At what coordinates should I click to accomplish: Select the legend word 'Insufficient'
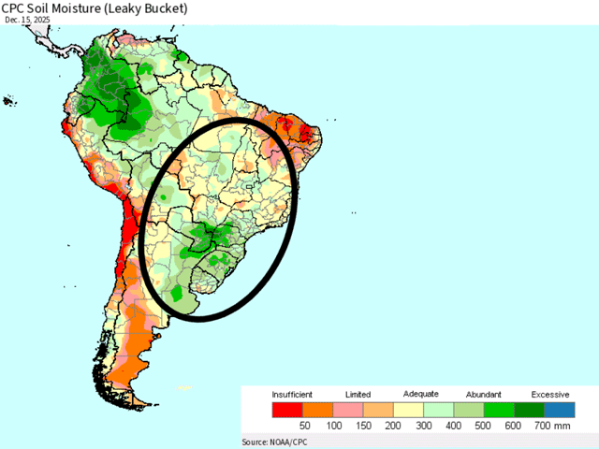pyautogui.click(x=292, y=395)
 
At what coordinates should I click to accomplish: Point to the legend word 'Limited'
pyautogui.click(x=358, y=395)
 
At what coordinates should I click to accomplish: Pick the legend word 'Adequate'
pyautogui.click(x=421, y=395)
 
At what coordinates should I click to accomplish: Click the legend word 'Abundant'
pyautogui.click(x=484, y=395)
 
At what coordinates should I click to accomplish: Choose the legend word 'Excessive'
pyautogui.click(x=550, y=395)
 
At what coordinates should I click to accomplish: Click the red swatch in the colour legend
pyautogui.click(x=287, y=410)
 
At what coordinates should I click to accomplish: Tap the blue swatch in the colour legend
pyautogui.click(x=560, y=410)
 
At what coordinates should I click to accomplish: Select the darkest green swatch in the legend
pyautogui.click(x=530, y=410)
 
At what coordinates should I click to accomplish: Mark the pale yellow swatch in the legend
pyautogui.click(x=408, y=410)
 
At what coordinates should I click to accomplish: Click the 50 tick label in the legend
pyautogui.click(x=303, y=426)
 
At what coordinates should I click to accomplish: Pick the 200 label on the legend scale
pyautogui.click(x=393, y=426)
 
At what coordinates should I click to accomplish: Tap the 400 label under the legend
pyautogui.click(x=454, y=426)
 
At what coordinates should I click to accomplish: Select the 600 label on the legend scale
pyautogui.click(x=514, y=426)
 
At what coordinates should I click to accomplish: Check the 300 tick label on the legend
pyautogui.click(x=423, y=426)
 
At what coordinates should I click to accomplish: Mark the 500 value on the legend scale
pyautogui.click(x=484, y=426)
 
